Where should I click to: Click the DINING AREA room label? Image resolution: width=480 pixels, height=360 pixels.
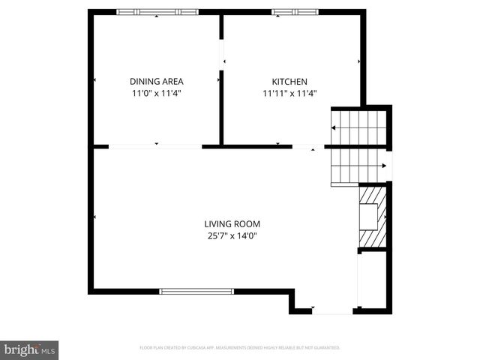point(156,81)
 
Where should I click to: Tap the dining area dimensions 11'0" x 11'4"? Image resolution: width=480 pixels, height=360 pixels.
point(156,94)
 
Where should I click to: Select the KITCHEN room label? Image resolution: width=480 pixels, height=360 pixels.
point(289,81)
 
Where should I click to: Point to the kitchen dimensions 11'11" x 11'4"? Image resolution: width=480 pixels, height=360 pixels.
point(289,94)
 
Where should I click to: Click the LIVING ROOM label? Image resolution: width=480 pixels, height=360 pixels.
point(232,223)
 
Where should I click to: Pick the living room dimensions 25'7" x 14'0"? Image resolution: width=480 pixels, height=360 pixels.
point(232,236)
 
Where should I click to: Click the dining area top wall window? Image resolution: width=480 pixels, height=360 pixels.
point(157,12)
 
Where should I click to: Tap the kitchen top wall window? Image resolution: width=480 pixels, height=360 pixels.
point(295,12)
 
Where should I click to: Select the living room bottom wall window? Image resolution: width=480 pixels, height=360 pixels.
point(196,291)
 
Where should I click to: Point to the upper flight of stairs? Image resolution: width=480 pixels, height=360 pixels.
point(360,127)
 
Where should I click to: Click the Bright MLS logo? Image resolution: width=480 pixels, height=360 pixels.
point(30,349)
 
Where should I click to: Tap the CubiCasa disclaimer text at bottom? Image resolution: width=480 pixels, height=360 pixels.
point(240,348)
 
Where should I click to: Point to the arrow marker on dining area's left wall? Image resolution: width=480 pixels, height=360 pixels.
point(94,79)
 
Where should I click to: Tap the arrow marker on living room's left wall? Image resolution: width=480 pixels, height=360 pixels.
point(94,217)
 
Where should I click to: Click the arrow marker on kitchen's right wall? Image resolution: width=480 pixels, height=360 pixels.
point(360,61)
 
